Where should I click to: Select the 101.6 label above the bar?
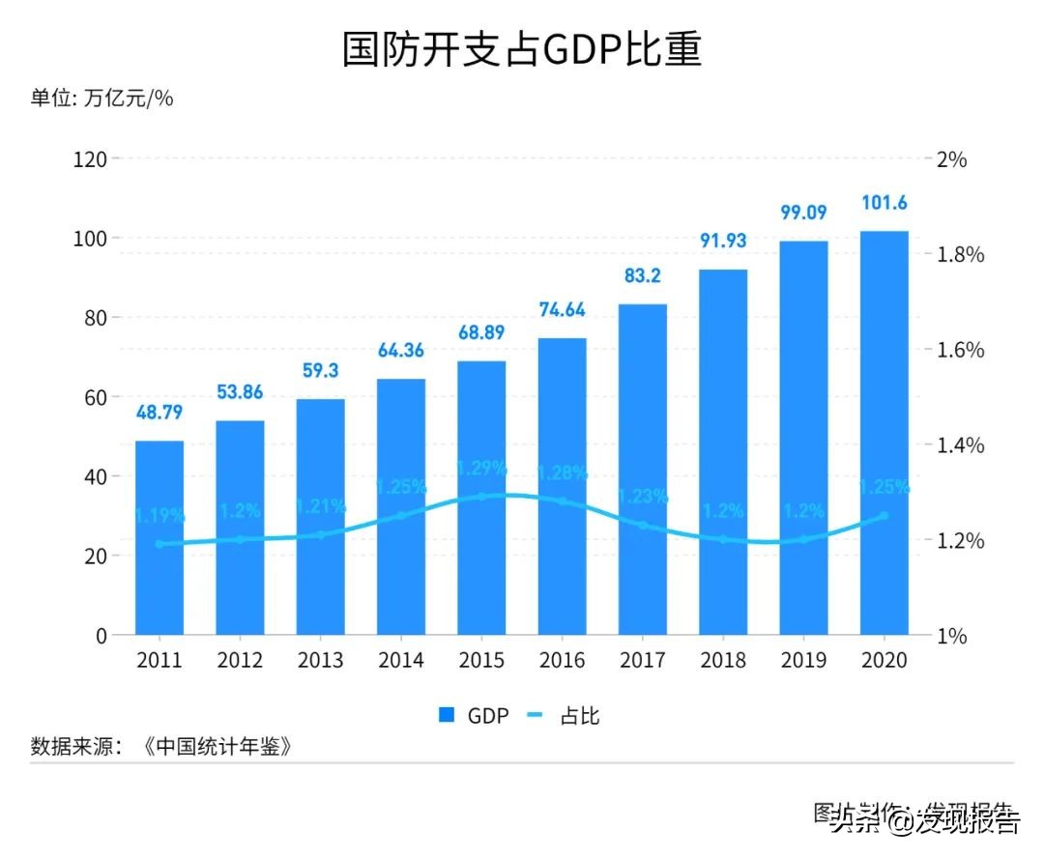tap(884, 203)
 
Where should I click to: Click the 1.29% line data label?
tap(481, 468)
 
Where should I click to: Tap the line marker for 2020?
tap(884, 516)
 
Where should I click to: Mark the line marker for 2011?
tap(159, 544)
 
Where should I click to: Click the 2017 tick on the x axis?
tap(643, 661)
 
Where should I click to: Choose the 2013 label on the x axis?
tap(320, 661)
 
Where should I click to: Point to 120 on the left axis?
tap(90, 158)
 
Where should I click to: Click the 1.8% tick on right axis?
tap(961, 255)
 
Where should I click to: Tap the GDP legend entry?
tap(474, 716)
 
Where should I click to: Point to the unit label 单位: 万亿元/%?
tap(101, 98)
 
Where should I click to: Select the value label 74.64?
tap(562, 310)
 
